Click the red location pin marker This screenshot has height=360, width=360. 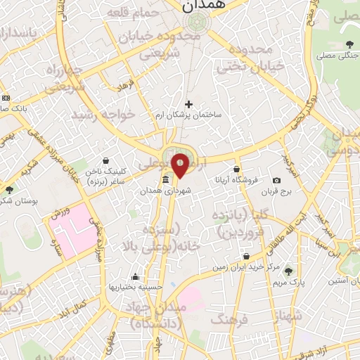pyautogui.click(x=180, y=165)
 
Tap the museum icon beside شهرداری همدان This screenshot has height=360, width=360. pyautogui.click(x=165, y=180)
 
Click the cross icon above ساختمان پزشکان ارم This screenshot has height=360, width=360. pyautogui.click(x=188, y=104)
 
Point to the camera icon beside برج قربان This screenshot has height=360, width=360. pyautogui.click(x=276, y=180)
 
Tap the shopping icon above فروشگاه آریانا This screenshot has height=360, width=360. pyautogui.click(x=237, y=169)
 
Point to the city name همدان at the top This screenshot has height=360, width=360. pyautogui.click(x=203, y=6)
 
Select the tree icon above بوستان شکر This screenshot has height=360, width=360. pyautogui.click(x=9, y=190)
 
